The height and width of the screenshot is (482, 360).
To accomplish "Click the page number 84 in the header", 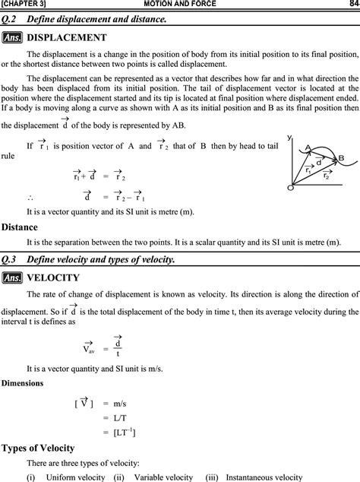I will click(x=349, y=5).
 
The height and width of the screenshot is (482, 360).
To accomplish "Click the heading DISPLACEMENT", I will click(x=67, y=37).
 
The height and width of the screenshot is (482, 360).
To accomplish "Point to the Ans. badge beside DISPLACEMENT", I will click(x=12, y=37).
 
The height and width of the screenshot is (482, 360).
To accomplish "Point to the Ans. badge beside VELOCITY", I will click(x=12, y=277).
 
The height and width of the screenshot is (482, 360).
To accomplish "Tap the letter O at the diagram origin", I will click(x=290, y=188).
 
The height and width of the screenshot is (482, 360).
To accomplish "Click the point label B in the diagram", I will click(x=340, y=157).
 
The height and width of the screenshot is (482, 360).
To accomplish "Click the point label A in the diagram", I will click(x=308, y=147).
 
